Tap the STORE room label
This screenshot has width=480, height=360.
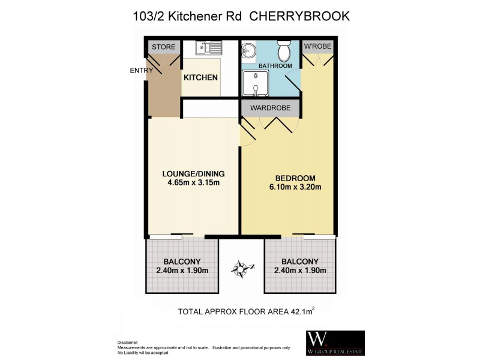click(x=163, y=47)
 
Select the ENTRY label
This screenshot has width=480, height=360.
click(x=142, y=71)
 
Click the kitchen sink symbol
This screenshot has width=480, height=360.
click(x=208, y=47)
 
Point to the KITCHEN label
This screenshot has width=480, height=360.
click(x=200, y=78)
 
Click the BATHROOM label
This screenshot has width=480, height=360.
click(x=275, y=66)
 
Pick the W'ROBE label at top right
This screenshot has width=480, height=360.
click(x=317, y=47)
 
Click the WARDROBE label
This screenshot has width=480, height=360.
click(x=270, y=109)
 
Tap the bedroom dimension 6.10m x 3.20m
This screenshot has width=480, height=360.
click(x=295, y=187)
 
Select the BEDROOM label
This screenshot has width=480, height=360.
click(x=295, y=178)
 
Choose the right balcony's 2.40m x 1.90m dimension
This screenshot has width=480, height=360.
click(x=299, y=271)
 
